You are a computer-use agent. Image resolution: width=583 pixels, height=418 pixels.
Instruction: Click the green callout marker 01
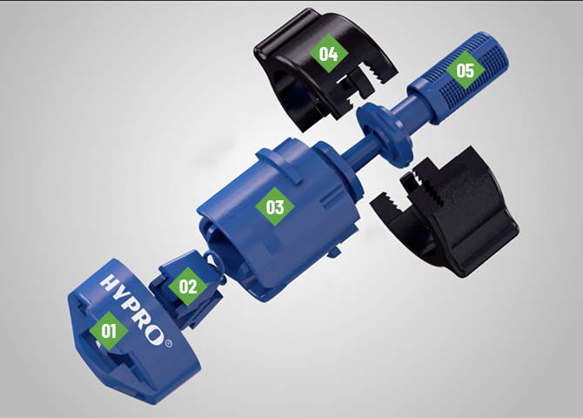[109, 330]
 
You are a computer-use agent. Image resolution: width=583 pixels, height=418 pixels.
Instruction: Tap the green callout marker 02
[188, 287]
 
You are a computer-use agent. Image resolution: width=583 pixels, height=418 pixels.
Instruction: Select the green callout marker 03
[275, 206]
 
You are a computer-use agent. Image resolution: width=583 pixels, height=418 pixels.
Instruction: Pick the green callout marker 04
[329, 54]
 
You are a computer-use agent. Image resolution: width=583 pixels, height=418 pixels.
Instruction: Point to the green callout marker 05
[466, 70]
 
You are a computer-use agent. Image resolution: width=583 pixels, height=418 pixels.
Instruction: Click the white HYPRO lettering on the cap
[133, 309]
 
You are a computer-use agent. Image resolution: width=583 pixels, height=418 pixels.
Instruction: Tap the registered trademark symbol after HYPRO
[168, 343]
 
